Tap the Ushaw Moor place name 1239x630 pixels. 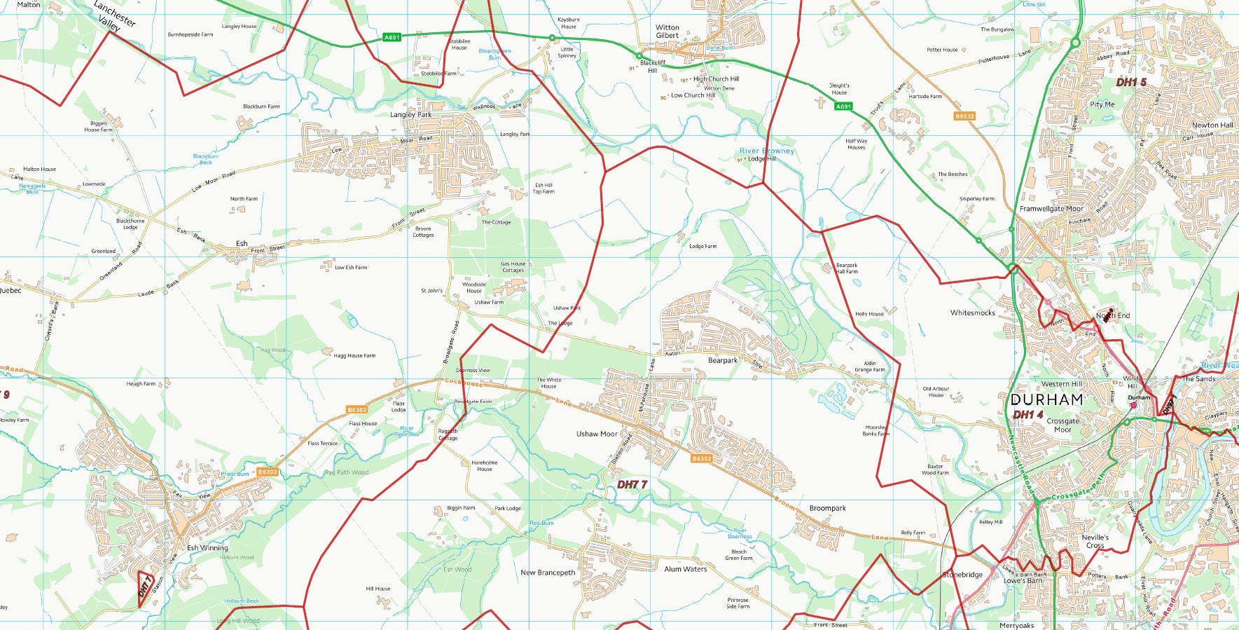pyautogui.click(x=597, y=434)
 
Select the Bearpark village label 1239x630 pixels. pyautogui.click(x=722, y=360)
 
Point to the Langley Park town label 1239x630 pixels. pyautogui.click(x=410, y=115)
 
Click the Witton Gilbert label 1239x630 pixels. pyautogui.click(x=667, y=32)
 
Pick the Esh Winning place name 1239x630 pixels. pyautogui.click(x=207, y=548)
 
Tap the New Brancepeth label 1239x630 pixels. pyautogui.click(x=548, y=573)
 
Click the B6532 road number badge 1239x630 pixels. pyautogui.click(x=964, y=116)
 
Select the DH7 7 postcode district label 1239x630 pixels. pyautogui.click(x=632, y=484)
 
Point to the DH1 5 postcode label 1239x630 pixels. pyautogui.click(x=1131, y=83)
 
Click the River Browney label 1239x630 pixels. pyautogui.click(x=767, y=151)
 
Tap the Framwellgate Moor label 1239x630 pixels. pyautogui.click(x=1051, y=209)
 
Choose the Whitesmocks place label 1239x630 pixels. pyautogui.click(x=972, y=313)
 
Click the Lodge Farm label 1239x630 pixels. pyautogui.click(x=702, y=246)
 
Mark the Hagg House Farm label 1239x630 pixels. pyautogui.click(x=354, y=356)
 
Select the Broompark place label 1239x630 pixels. pyautogui.click(x=827, y=508)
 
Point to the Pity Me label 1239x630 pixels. pyautogui.click(x=1102, y=104)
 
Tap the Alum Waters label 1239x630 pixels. pyautogui.click(x=685, y=569)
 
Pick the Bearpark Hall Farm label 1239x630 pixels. pyautogui.click(x=846, y=268)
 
